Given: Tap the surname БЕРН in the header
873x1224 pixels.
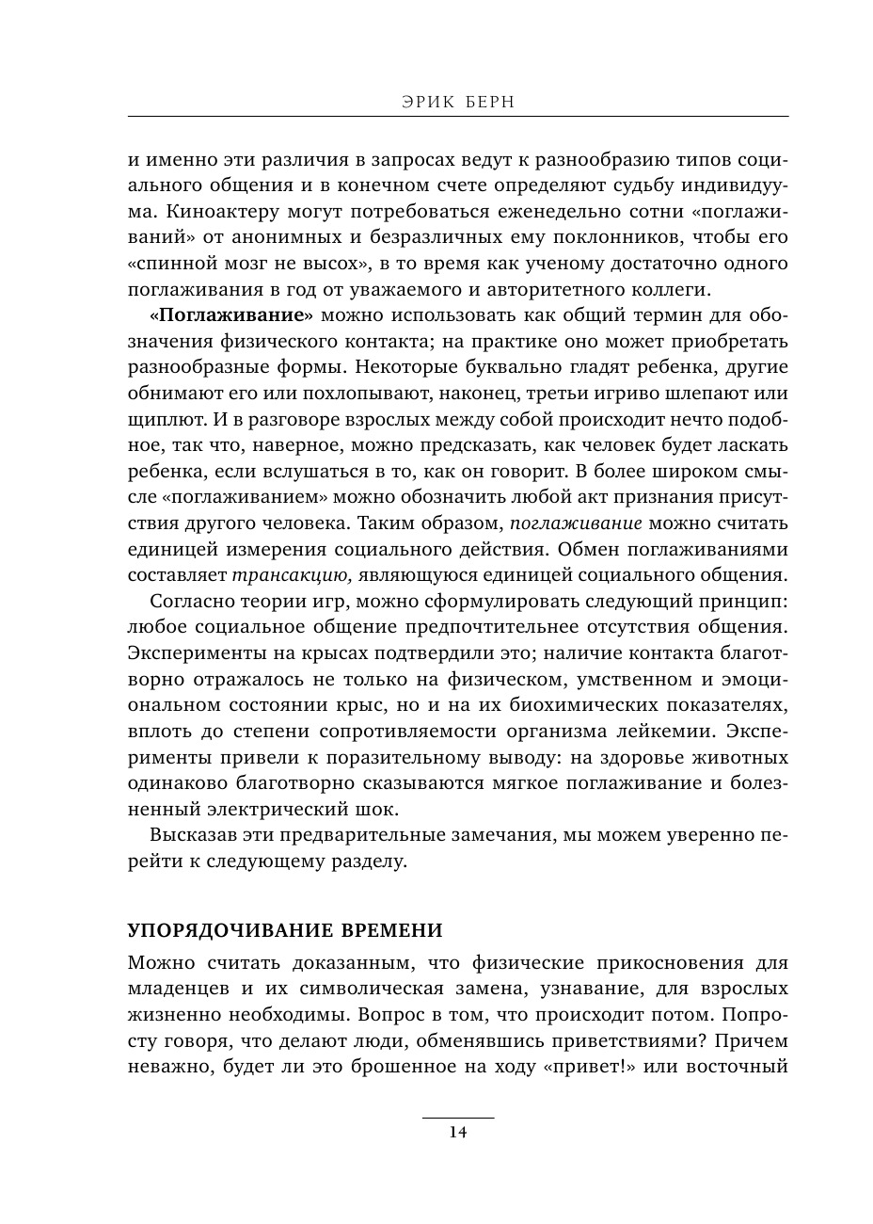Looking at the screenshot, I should (487, 102).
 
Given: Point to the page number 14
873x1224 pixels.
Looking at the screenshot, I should (457, 1133).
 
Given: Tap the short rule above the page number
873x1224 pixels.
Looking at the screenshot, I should (457, 1118).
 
